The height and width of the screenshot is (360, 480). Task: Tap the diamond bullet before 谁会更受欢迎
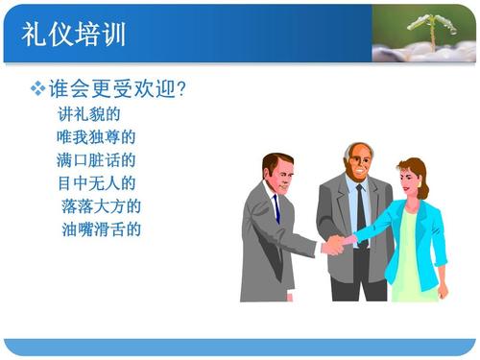coord(38,89)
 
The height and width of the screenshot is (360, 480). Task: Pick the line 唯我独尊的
coord(96,137)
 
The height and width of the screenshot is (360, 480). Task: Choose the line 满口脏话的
coord(96,159)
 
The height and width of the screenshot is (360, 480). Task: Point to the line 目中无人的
coord(96,182)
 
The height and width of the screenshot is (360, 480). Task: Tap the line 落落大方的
coord(101,205)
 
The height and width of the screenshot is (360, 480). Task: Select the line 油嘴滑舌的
coord(101,228)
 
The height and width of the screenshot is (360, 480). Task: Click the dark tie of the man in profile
coord(276,208)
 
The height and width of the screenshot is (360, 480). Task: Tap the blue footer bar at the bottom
coord(240,347)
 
